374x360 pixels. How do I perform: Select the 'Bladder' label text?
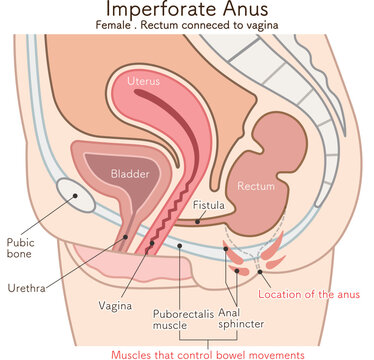click(130, 174)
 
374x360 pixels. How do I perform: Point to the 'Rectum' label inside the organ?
click(255, 185)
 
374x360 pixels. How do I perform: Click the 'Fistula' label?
click(208, 206)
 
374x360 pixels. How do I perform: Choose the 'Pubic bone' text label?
click(21, 248)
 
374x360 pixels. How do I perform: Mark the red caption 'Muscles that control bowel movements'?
click(207, 353)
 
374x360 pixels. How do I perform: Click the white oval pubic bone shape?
click(77, 195)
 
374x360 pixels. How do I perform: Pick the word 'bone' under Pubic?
click(21, 255)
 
